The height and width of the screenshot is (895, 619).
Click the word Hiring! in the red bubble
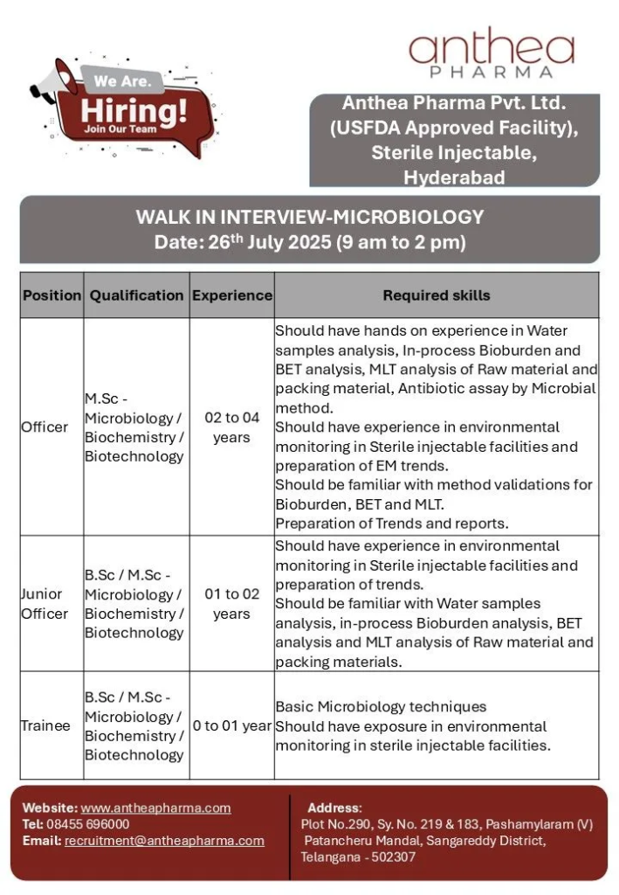point(134,111)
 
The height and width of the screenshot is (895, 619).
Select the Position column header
point(52,295)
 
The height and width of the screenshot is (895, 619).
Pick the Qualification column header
point(136,295)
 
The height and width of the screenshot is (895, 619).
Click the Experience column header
point(232,295)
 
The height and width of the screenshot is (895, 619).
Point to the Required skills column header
point(437,295)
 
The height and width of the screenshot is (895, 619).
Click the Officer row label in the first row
point(45,427)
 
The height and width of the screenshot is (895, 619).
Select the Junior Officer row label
point(45,604)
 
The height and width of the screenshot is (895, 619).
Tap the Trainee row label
point(46,725)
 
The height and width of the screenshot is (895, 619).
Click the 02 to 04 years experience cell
point(232,427)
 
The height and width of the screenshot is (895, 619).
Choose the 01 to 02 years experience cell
point(232,604)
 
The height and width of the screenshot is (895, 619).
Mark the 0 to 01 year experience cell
point(232,725)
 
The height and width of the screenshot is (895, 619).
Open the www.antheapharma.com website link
point(155,808)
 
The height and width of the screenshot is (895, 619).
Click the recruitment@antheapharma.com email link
point(164,841)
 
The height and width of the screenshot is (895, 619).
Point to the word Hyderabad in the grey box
point(454,177)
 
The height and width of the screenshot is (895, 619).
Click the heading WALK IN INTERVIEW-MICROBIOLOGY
point(309,217)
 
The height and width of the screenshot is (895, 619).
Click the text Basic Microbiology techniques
point(381,706)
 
